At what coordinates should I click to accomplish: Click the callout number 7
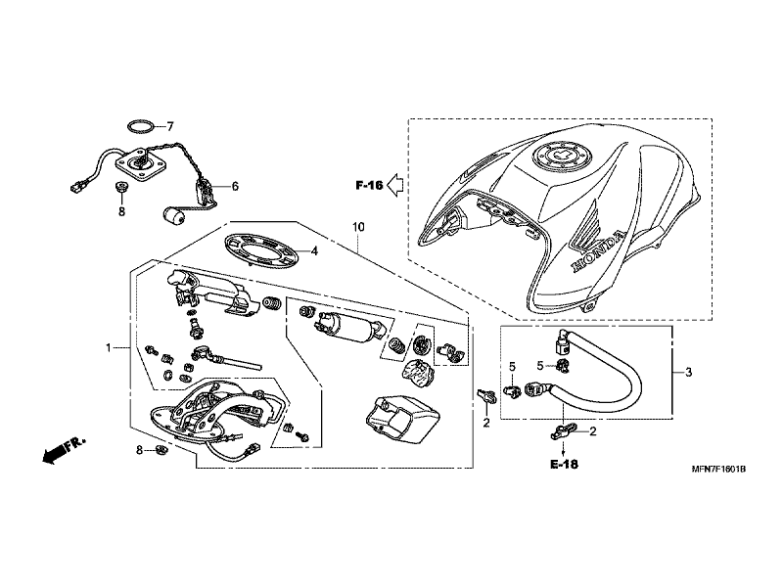point(169,127)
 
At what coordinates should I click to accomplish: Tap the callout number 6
point(235,187)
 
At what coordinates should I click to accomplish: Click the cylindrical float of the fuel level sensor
point(172,216)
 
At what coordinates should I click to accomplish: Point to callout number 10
point(358,227)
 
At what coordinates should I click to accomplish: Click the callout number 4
point(314,251)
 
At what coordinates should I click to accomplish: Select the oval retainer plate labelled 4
point(261,251)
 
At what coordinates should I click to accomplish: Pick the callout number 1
point(108,347)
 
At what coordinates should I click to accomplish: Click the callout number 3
point(689,372)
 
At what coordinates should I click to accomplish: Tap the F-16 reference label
point(369,185)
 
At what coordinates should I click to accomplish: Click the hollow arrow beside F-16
point(395,185)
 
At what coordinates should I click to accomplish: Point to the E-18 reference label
point(564,464)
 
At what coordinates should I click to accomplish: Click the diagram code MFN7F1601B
point(718,470)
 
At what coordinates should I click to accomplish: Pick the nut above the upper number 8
point(120,188)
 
